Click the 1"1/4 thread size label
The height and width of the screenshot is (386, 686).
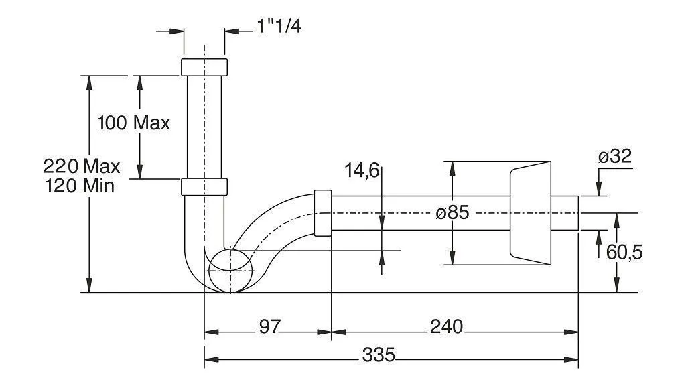[x=279, y=26]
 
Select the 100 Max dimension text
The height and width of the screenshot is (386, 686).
[x=133, y=123]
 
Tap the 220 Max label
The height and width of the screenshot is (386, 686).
[x=81, y=166]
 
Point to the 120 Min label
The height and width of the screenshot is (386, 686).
[x=80, y=186]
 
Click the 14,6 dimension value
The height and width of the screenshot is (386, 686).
[x=362, y=170]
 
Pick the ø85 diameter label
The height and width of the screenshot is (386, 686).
[x=452, y=213]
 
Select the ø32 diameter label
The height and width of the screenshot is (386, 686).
[x=615, y=156]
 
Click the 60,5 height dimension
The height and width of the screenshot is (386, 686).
[x=624, y=253]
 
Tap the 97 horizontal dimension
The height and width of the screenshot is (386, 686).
[x=269, y=326]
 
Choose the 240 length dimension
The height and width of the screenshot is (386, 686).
[x=446, y=326]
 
